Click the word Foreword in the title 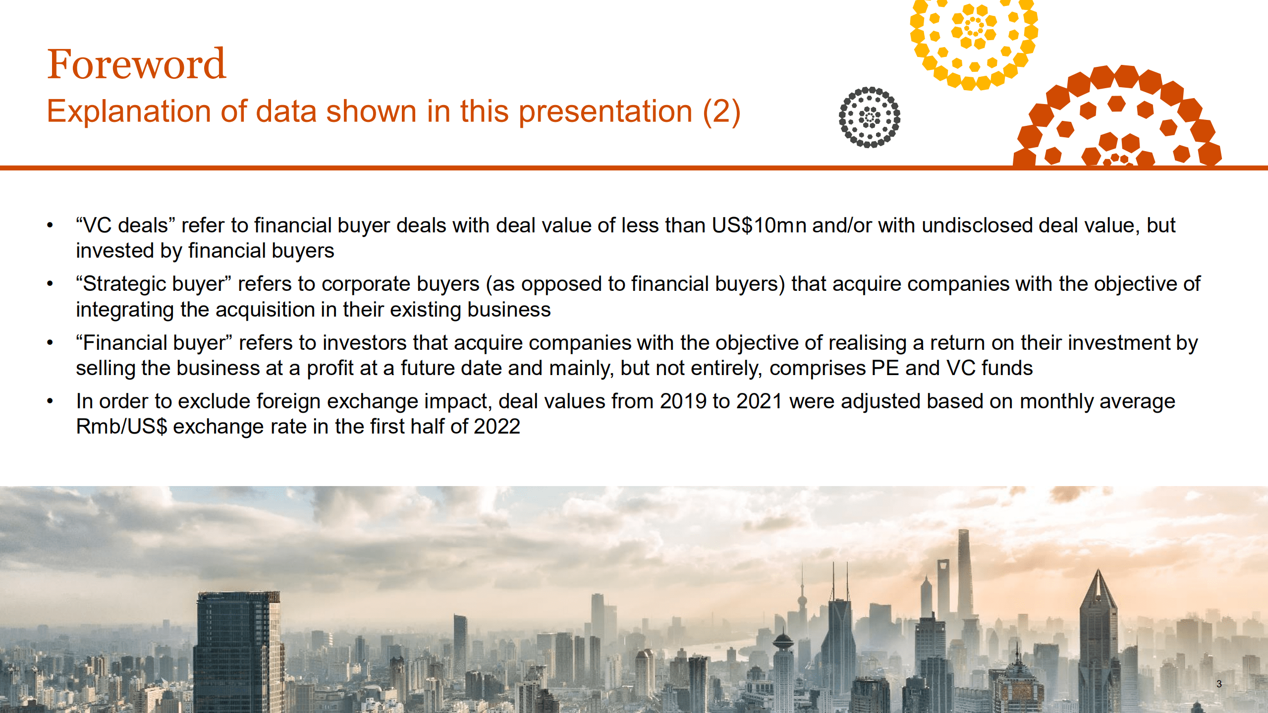click(136, 64)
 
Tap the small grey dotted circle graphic click(869, 117)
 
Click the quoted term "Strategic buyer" click(154, 284)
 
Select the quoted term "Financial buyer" click(154, 343)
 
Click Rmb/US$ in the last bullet click(121, 427)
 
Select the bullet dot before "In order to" click(50, 401)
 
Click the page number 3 click(1218, 684)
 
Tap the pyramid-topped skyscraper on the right click(1098, 634)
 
